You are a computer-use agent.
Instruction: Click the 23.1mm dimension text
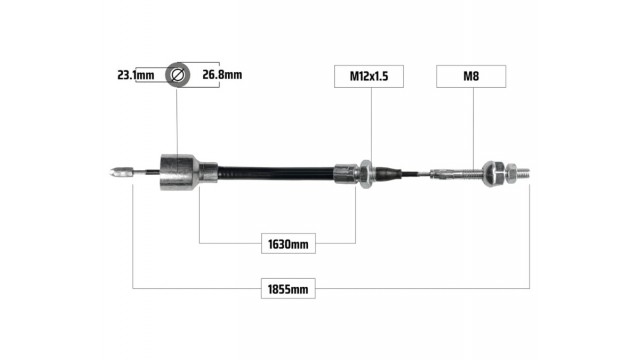136,75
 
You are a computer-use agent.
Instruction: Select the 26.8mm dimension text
222,75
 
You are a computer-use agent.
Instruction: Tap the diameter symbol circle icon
178,75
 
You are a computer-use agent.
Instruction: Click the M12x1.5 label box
369,76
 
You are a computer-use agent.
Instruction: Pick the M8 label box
471,76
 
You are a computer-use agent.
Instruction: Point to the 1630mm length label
288,244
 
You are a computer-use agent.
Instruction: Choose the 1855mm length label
288,289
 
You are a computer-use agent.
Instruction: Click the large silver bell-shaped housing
179,172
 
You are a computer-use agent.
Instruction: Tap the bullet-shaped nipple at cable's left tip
122,173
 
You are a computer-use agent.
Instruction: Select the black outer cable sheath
276,173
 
